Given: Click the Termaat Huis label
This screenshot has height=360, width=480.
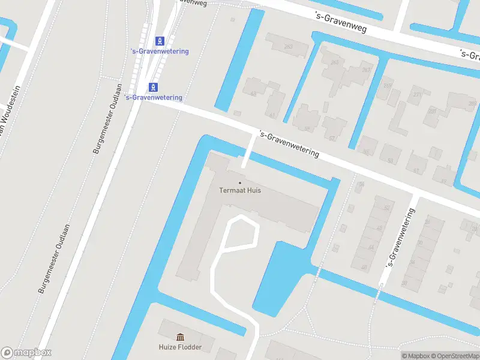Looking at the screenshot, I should tap(240, 191).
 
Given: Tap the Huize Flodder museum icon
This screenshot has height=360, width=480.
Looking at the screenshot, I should tap(180, 337).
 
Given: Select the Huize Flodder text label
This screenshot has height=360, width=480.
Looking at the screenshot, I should tap(180, 347).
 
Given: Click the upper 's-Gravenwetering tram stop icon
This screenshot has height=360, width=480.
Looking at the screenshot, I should tap(160, 41).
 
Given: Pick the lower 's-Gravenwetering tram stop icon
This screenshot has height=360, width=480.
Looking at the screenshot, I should tap(154, 87).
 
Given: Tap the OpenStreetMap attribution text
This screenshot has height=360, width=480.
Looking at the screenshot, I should tap(454, 356).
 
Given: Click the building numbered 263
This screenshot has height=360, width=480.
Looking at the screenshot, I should tap(288, 46).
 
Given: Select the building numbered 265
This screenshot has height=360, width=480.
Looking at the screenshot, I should tap(334, 62).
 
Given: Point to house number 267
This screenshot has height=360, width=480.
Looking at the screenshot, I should tap(366, 70).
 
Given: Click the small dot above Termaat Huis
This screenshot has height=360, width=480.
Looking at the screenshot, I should tap(240, 182).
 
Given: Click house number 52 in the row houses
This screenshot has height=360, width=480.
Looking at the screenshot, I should tap(386, 208).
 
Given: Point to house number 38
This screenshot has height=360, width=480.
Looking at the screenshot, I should tap(404, 283).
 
